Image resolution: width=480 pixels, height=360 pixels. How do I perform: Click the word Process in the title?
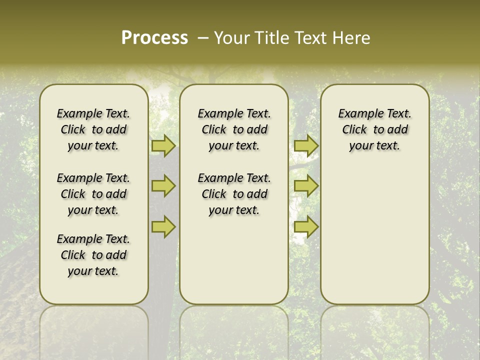point(154,38)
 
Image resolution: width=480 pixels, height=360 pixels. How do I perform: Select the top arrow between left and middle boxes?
point(163,145)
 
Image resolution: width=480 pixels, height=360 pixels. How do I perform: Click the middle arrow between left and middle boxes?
point(163,186)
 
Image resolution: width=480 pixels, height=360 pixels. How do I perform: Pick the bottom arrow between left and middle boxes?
point(163,227)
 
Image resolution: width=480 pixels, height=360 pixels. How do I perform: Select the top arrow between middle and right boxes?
point(306,145)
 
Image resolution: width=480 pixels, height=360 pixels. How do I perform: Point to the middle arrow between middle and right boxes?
point(306,186)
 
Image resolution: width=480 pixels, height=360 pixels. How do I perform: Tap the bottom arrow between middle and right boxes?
point(306,227)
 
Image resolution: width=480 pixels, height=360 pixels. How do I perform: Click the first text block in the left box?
point(93,129)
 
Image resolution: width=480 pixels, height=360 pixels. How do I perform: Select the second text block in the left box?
point(93,194)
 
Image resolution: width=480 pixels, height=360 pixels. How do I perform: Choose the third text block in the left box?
point(93,255)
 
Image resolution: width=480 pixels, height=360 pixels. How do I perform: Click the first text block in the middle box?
point(234,129)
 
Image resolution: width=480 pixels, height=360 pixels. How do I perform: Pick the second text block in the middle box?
point(234,194)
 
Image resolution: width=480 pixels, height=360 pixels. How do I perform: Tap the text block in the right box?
point(375,129)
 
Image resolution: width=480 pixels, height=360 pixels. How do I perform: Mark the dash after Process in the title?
point(202,38)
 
